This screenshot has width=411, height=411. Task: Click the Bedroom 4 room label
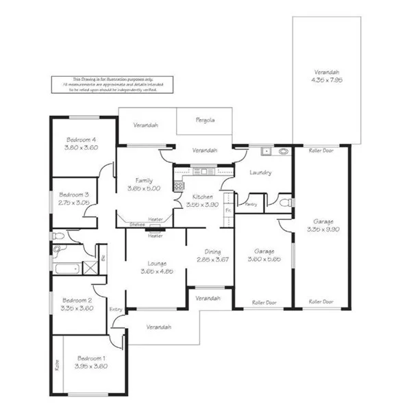(82, 140)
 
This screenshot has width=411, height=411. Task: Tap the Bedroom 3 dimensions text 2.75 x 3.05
(74, 203)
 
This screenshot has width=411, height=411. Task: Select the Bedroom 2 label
(77, 300)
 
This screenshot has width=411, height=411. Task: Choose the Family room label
(144, 181)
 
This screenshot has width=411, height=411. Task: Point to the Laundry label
(261, 173)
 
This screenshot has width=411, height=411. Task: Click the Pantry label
(250, 204)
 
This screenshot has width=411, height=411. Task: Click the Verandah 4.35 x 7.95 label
(326, 79)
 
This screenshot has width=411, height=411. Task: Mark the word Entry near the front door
(116, 310)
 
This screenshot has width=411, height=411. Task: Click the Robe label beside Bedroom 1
(57, 365)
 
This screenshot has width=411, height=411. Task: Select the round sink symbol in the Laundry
(284, 151)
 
